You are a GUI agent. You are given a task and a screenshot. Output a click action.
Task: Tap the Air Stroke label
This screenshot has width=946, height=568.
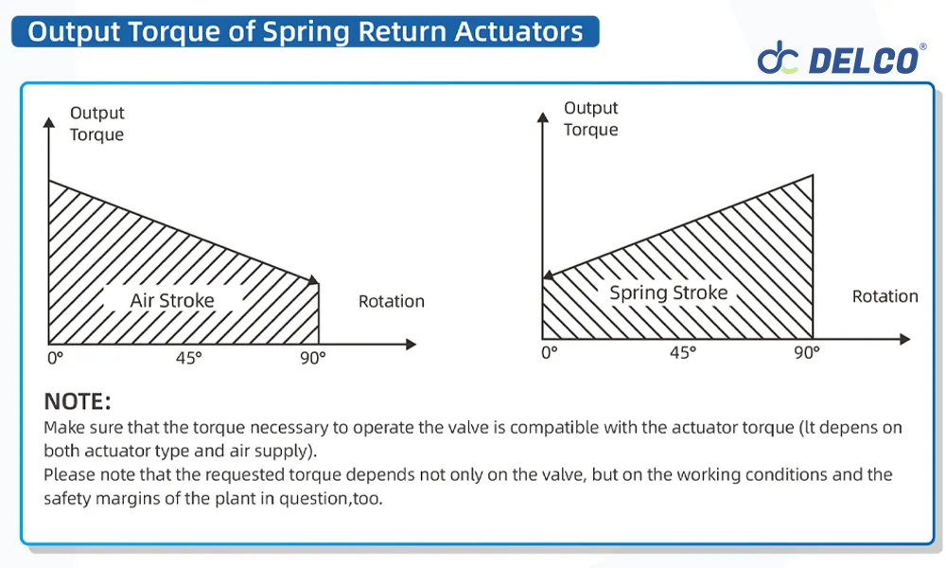172,301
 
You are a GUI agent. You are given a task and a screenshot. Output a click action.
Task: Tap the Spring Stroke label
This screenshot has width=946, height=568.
668,293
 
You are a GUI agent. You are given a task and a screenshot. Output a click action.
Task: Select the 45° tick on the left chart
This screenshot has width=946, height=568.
188,358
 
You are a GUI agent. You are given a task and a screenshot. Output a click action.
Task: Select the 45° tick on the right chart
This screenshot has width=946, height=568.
682,352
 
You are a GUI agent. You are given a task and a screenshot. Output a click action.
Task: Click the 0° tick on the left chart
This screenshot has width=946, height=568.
55,358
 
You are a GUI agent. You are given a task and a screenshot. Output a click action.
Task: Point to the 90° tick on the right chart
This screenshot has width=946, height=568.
806,352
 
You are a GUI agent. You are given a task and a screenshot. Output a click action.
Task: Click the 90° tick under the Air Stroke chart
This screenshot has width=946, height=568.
313,358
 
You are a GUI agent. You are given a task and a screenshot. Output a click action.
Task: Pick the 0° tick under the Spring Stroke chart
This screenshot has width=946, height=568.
549,352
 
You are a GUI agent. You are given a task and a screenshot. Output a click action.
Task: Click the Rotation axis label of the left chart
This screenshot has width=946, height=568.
391,301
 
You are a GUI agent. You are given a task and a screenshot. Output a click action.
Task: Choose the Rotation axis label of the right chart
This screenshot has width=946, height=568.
885,296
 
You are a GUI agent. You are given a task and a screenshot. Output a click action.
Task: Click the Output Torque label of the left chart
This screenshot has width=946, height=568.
96,124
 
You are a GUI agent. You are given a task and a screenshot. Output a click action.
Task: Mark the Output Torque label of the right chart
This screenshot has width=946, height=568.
590,119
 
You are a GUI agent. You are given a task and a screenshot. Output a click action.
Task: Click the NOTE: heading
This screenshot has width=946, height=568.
78,400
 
